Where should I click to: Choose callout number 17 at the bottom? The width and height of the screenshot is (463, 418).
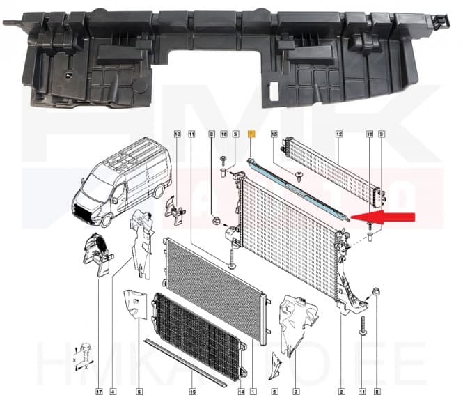pyautogui.click(x=99, y=392)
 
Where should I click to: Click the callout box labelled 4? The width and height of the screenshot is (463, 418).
pyautogui.click(x=113, y=392)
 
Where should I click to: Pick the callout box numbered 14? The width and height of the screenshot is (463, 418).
pyautogui.click(x=240, y=392)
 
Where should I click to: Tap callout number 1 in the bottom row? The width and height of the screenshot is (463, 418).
pyautogui.click(x=253, y=392)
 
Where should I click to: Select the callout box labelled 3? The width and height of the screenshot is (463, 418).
pyautogui.click(x=296, y=392)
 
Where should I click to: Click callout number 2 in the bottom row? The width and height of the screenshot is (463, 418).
pyautogui.click(x=341, y=392)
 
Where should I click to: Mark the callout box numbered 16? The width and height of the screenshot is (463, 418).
pyautogui.click(x=193, y=392)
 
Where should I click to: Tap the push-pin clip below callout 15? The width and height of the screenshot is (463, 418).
pyautogui.click(x=299, y=178)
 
